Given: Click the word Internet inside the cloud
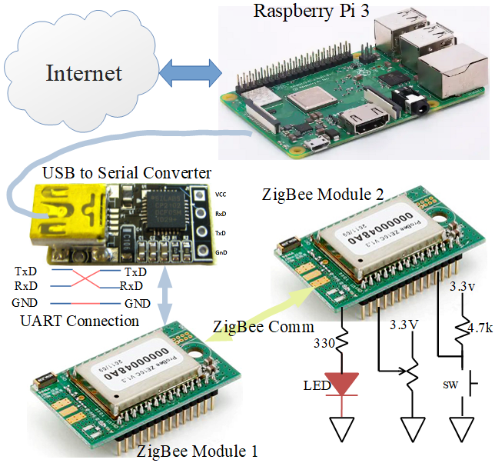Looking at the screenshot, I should coord(84,73).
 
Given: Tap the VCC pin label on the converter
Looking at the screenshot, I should coord(221,195).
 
